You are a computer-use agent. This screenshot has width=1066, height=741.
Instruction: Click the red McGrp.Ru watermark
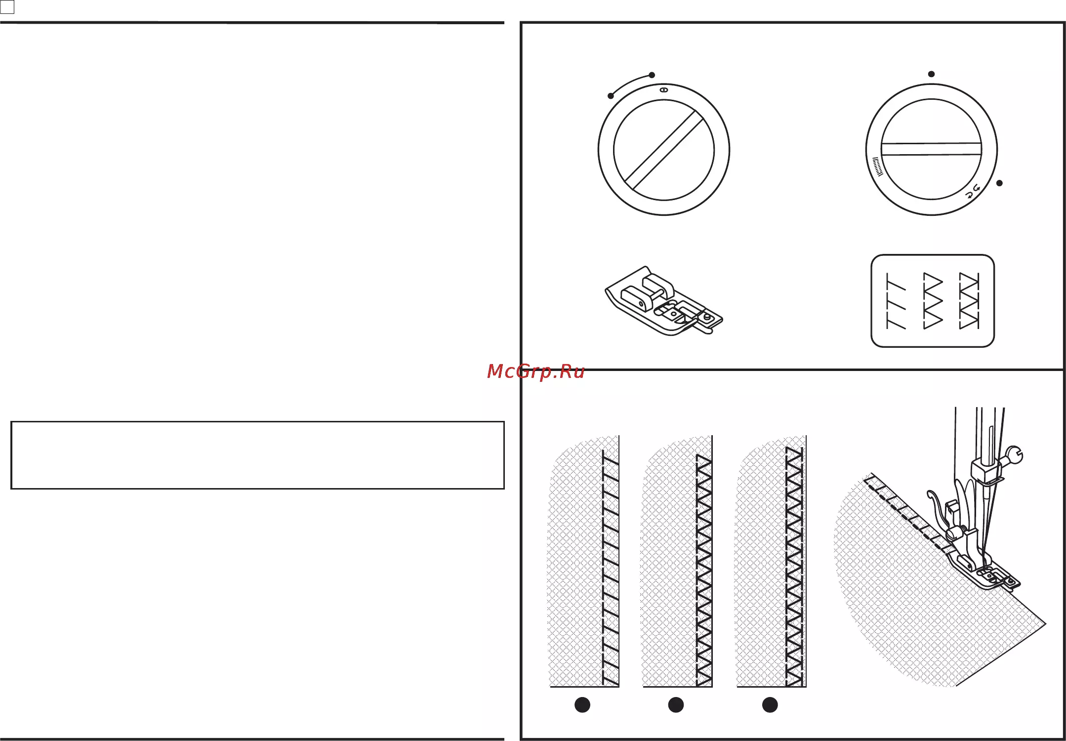[x=535, y=371]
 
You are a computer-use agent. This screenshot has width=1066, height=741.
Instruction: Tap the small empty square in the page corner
[x=7, y=7]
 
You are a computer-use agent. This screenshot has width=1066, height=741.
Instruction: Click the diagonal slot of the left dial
[x=664, y=150]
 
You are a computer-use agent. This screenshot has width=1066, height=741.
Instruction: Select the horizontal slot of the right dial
[x=931, y=149]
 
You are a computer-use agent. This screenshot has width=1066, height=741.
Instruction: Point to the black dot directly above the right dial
[x=931, y=74]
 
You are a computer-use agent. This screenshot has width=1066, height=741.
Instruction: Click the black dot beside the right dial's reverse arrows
[x=999, y=183]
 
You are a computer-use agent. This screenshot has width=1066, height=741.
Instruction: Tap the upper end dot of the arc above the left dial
[x=652, y=75]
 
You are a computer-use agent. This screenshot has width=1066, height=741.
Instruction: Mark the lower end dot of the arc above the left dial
[x=611, y=96]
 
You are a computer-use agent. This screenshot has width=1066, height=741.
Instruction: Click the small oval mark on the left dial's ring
[x=664, y=90]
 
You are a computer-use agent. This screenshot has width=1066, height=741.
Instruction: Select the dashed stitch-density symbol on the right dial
[x=877, y=167]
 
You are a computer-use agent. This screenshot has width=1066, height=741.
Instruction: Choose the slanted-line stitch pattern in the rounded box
[x=896, y=301]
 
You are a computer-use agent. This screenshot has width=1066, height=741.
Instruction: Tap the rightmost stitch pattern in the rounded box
[x=969, y=301]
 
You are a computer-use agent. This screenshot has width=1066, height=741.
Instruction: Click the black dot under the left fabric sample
[x=582, y=705]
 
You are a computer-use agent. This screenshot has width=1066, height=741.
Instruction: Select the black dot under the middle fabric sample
[x=676, y=705]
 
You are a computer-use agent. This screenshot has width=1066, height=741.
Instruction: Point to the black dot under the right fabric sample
[x=770, y=705]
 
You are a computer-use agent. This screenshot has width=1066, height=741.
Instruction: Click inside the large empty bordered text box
[x=257, y=455]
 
